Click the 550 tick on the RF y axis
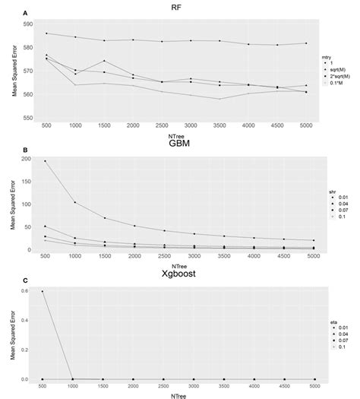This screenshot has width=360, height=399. click(29, 118)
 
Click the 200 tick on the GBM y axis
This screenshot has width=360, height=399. click(30, 159)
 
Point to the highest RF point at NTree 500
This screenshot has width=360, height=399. click(47, 33)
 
